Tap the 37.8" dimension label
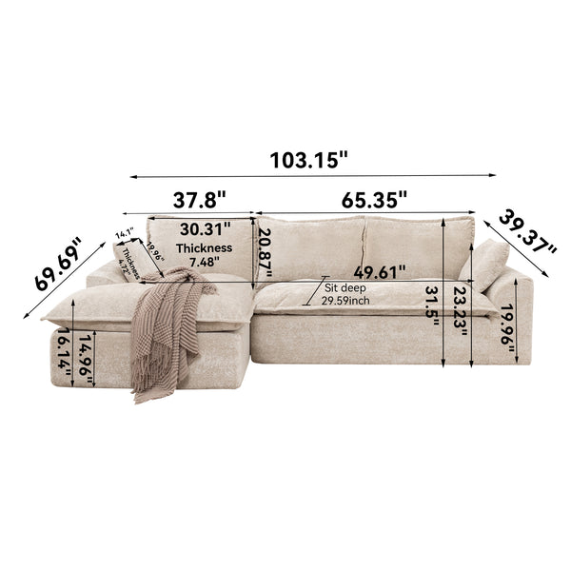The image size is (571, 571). click(x=199, y=200)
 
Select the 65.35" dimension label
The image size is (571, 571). click(x=375, y=200)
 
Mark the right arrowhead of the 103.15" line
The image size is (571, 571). click(x=494, y=176)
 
